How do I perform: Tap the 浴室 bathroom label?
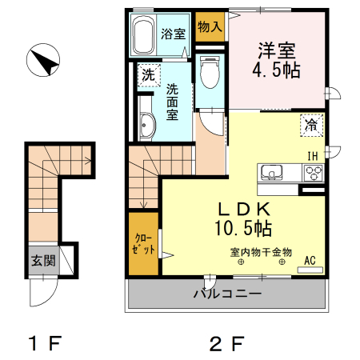pyautogui.click(x=173, y=34)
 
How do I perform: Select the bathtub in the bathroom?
pyautogui.click(x=144, y=35)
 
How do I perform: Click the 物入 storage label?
pyautogui.click(x=210, y=26)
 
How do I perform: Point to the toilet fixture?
pyautogui.click(x=210, y=75)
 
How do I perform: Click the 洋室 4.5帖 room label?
pyautogui.click(x=278, y=59)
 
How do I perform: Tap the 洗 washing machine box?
pyautogui.click(x=148, y=76)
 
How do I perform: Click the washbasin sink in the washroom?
pyautogui.click(x=146, y=124)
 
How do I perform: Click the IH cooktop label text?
pyautogui.click(x=313, y=155)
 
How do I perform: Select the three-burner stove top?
pyautogui.click(x=312, y=172)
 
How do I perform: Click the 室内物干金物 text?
pyautogui.click(x=261, y=251)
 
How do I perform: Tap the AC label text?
pyautogui.click(x=311, y=260)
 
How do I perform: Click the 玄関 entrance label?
pyautogui.click(x=43, y=260)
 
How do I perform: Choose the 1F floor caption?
pyautogui.click(x=45, y=345)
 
